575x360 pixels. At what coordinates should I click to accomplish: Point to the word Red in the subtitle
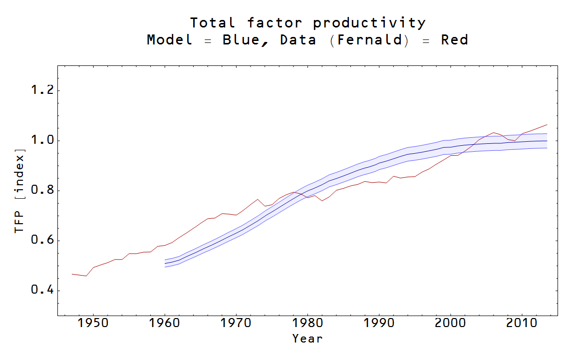point(454,40)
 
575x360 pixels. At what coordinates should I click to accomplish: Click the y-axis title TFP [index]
point(19,191)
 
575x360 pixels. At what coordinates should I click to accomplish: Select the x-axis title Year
point(307,339)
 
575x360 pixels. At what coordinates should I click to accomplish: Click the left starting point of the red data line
point(72,274)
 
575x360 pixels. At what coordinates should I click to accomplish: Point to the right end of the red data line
point(547,125)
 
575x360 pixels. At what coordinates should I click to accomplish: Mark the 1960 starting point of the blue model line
point(165,263)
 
